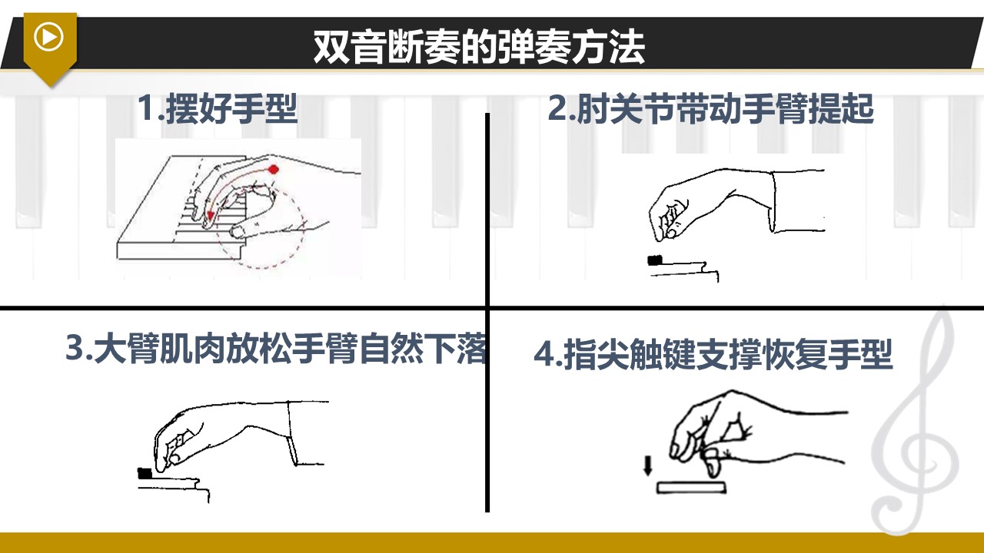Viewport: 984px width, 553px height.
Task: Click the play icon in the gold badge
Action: coord(48,37)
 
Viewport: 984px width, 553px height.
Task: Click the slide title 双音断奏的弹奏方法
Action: coord(479,47)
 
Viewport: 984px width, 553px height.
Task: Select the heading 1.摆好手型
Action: coord(218,108)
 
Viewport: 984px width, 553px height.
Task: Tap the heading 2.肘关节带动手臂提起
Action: coord(711,108)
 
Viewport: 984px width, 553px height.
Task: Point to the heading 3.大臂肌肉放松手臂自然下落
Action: coord(276,349)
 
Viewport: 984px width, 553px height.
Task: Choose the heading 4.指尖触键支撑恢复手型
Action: coord(713,354)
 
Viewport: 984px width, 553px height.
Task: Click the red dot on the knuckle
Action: coord(274,169)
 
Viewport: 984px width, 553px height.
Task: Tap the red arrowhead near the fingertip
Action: coord(211,215)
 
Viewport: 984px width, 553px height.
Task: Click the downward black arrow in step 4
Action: coord(647,466)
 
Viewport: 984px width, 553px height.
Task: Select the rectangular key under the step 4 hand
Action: coord(691,488)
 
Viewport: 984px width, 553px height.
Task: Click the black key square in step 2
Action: coord(655,260)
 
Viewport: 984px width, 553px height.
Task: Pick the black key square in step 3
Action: coord(145,474)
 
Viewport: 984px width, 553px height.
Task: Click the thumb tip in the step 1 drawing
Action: coord(238,231)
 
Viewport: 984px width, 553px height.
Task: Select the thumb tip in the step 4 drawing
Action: coord(712,469)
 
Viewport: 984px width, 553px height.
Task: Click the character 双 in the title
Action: coord(331,47)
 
